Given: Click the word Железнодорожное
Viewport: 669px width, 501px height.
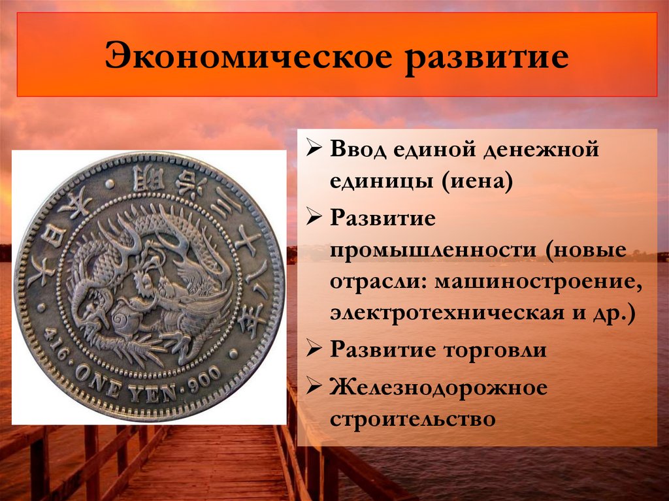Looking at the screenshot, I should (x=438, y=387).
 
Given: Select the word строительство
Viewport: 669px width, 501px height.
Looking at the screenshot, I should (x=412, y=418).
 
